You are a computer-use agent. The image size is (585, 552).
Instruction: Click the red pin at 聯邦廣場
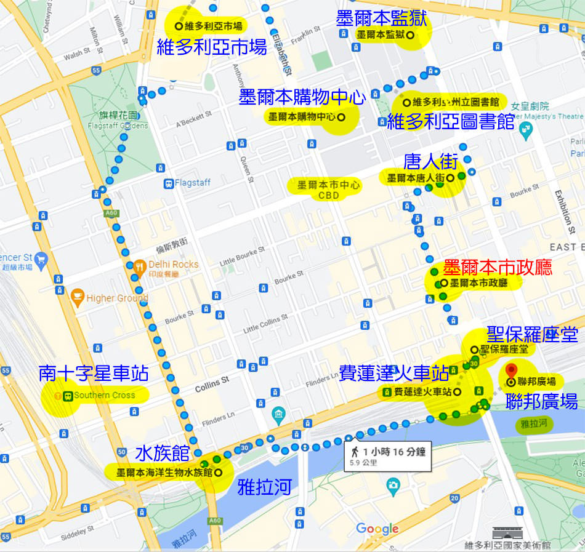[511, 371]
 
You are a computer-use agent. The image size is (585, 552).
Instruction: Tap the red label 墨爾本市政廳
[498, 267]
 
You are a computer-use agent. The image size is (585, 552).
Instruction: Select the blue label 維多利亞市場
[212, 47]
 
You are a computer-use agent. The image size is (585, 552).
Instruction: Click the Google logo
[377, 529]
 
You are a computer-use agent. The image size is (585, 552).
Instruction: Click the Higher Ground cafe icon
[78, 298]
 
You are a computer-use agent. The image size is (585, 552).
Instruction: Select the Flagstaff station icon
[167, 183]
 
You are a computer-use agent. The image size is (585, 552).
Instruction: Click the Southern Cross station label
[103, 395]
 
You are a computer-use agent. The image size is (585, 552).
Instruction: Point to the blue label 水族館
[162, 454]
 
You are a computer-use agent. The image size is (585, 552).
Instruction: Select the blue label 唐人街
[430, 162]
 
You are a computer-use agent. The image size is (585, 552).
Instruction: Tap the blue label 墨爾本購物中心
[302, 97]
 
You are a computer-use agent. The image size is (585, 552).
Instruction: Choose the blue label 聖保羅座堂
[532, 335]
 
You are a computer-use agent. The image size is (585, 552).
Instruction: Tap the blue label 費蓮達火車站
[393, 372]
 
